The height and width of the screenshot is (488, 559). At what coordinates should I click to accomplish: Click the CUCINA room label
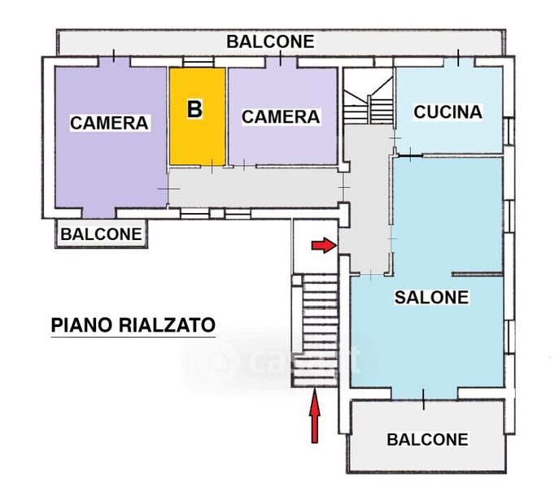[448, 112]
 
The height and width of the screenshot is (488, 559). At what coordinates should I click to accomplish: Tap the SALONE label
[431, 298]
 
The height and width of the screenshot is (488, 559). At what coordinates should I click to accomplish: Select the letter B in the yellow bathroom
[194, 109]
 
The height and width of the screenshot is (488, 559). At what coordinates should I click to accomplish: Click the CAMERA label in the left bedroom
[109, 123]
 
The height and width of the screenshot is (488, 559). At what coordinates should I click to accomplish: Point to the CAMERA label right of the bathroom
[281, 117]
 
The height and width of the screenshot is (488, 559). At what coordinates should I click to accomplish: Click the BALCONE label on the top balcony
[270, 41]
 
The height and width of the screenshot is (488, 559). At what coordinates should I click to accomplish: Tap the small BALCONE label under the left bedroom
[101, 234]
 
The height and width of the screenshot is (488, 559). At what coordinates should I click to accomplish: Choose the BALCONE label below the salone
[427, 439]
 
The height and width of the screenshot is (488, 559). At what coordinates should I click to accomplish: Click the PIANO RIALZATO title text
[133, 325]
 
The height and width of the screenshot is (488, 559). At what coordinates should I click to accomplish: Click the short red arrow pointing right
[324, 246]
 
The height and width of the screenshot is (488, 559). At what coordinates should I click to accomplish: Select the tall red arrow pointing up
[314, 416]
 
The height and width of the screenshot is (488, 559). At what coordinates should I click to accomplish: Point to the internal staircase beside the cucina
[369, 96]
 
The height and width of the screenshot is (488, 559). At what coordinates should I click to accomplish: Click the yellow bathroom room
[197, 116]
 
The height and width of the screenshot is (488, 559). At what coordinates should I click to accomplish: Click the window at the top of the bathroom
[199, 62]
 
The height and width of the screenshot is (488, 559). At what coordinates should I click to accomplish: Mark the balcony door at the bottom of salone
[424, 394]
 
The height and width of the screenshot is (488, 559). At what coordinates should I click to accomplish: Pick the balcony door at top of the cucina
[458, 62]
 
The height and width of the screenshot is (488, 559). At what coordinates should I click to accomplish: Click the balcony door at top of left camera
[114, 61]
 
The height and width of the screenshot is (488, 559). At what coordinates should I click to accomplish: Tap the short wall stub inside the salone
[477, 274]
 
